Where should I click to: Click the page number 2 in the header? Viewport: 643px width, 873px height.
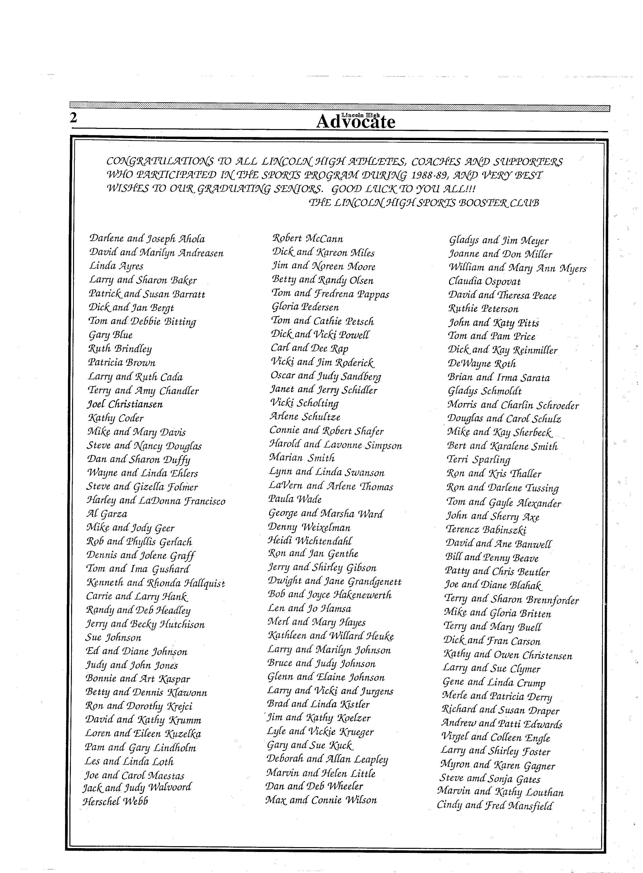tap(73, 118)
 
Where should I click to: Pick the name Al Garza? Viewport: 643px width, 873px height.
tap(107, 514)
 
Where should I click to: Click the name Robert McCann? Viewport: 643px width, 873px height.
tap(307, 238)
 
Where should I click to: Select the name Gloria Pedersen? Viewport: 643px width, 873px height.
tap(305, 307)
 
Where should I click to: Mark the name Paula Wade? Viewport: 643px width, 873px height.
tap(295, 499)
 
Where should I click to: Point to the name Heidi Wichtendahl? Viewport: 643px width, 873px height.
tap(310, 541)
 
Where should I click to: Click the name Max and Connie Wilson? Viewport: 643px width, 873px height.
tap(321, 800)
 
